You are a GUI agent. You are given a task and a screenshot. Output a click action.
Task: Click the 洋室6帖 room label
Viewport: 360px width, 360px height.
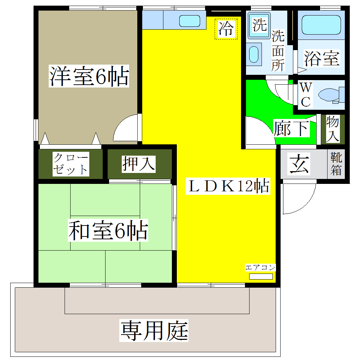[88, 76]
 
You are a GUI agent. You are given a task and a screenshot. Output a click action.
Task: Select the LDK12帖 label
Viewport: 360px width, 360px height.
[228, 186]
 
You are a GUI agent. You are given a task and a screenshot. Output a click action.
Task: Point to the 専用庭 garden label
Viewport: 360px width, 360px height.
[154, 330]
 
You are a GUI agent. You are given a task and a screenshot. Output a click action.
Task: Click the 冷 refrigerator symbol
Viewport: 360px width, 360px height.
[226, 29]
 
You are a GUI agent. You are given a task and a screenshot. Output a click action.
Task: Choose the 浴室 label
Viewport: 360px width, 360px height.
[322, 58]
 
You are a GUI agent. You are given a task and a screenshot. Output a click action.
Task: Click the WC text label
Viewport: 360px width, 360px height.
[305, 95]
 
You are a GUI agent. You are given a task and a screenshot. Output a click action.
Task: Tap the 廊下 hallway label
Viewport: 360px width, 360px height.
[292, 128]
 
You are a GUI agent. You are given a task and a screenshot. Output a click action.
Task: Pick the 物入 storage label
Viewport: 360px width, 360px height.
[332, 129]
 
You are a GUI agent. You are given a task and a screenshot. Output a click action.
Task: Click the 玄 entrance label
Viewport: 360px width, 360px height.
[299, 164]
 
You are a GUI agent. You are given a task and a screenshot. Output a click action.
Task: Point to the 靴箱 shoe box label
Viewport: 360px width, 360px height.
[336, 164]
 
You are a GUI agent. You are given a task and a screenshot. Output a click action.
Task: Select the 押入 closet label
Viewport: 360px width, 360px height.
[139, 164]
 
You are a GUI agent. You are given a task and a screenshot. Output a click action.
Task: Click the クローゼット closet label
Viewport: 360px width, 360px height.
[70, 164]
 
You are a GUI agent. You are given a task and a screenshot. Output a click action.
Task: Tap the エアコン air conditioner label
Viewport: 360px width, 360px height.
[260, 267]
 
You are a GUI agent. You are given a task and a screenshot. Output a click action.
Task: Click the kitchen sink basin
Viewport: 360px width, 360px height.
[190, 21]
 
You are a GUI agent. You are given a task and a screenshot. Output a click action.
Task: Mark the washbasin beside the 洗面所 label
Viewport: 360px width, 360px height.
[253, 54]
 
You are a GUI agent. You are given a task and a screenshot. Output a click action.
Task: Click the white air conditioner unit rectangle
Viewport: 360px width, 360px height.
[261, 276]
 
